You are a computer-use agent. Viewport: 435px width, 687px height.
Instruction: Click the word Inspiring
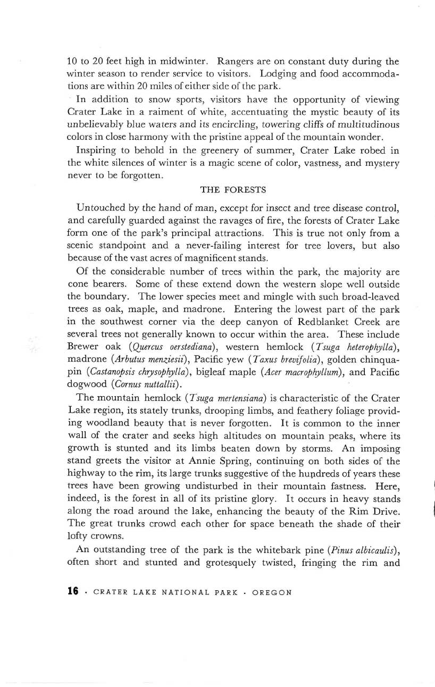(x=98, y=151)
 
